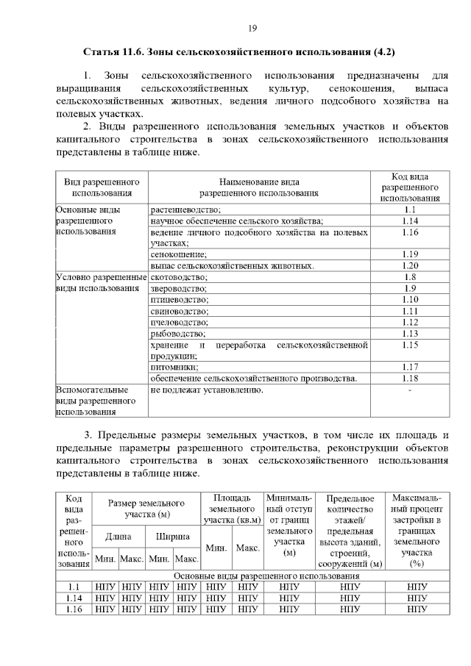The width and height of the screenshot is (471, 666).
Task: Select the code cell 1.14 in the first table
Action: (410, 221)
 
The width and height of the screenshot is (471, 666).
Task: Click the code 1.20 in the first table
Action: (410, 265)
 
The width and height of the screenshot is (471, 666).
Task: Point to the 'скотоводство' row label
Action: (179, 277)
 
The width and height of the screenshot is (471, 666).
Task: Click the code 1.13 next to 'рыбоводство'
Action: (410, 333)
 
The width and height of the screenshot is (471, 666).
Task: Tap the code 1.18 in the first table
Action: (410, 378)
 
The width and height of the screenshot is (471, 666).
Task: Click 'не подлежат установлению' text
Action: (206, 390)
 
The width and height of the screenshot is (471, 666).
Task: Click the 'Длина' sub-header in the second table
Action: (118, 537)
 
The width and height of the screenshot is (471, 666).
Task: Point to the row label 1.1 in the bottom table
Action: (73, 587)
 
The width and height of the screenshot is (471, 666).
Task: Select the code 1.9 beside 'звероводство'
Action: (410, 288)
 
